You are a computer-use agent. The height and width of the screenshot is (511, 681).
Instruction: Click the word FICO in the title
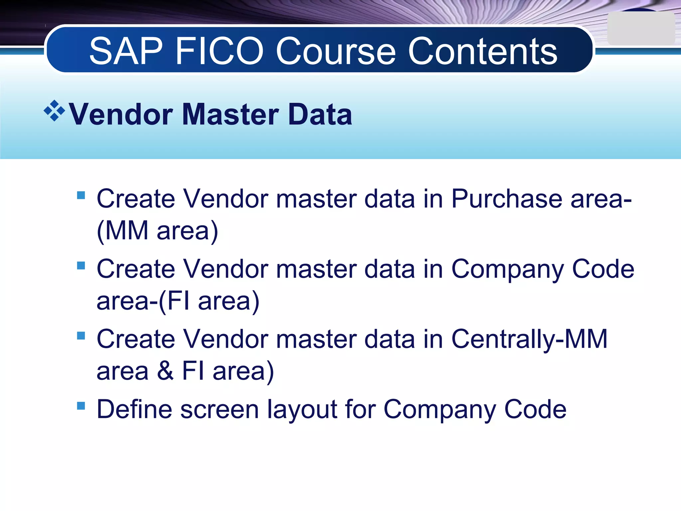(219, 52)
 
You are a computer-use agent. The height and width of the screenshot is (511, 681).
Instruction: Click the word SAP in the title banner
(126, 52)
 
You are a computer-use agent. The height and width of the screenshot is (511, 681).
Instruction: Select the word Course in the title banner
(336, 52)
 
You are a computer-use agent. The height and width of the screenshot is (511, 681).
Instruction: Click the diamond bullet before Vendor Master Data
(54, 111)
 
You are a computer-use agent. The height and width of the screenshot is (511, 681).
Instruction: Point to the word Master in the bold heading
(231, 114)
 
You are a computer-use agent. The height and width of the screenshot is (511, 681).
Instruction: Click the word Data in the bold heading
(320, 114)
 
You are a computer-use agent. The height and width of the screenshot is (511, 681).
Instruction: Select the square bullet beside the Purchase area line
(81, 195)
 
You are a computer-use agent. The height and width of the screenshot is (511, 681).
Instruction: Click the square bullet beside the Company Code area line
(81, 265)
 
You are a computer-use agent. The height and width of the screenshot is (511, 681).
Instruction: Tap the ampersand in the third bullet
(165, 371)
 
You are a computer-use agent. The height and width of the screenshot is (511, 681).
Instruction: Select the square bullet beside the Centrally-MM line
(81, 335)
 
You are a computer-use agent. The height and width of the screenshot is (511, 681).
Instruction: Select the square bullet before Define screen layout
(81, 406)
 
